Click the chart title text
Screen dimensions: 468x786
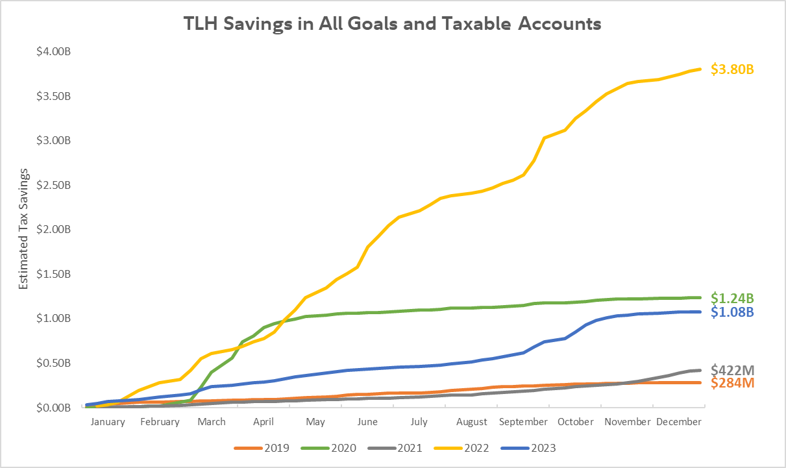[393, 24]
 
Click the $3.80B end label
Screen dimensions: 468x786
[732, 69]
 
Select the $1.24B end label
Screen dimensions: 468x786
[732, 298]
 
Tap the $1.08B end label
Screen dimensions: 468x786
[732, 312]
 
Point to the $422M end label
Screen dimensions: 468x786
[732, 370]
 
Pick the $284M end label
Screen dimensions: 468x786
[732, 383]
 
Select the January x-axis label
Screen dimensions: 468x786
[108, 421]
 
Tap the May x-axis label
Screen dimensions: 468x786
[315, 421]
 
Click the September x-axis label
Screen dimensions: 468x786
[523, 421]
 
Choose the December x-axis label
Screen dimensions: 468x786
[678, 421]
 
